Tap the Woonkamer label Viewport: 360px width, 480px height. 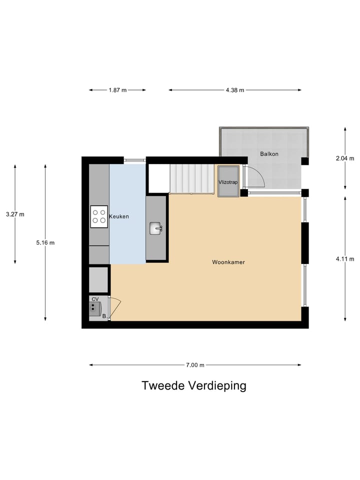(x=228, y=261)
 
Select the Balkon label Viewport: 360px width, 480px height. (x=269, y=153)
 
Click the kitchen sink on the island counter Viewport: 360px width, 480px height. (x=156, y=228)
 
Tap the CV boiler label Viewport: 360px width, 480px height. (x=95, y=299)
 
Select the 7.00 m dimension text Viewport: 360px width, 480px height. (x=195, y=365)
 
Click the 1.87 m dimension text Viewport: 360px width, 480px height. (x=117, y=90)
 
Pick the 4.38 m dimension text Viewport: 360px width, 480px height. (x=234, y=90)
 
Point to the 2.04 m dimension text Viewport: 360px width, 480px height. (x=345, y=158)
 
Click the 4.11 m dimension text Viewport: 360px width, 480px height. (x=345, y=258)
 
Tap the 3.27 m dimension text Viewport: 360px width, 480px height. (x=15, y=214)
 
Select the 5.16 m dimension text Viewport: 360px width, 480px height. (x=45, y=242)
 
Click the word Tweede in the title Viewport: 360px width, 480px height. (x=163, y=385)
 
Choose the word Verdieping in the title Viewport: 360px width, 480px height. (x=217, y=386)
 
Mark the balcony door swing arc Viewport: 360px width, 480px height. (x=257, y=174)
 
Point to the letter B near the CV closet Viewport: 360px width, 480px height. (x=104, y=316)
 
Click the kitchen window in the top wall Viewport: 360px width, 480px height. (x=135, y=160)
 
